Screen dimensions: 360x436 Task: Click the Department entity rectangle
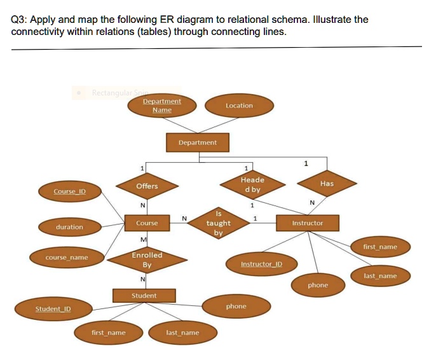[x=197, y=142]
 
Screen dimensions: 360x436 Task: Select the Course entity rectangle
[x=147, y=223]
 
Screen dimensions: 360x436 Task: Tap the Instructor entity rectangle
[x=308, y=223]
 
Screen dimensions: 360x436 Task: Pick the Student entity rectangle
[x=144, y=296]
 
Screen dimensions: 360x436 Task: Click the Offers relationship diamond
[x=147, y=186]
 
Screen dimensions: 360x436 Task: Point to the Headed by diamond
[x=252, y=184]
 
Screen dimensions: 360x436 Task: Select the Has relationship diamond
[x=327, y=183]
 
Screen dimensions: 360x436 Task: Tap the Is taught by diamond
[x=219, y=223]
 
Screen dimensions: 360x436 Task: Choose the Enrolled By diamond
[x=147, y=260]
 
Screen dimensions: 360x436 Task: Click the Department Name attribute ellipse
[x=161, y=106]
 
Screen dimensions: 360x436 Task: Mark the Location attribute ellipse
[x=239, y=106]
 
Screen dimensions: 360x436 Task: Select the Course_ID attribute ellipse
[x=69, y=191]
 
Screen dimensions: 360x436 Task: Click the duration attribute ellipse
[x=69, y=227]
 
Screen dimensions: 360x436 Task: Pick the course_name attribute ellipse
[x=67, y=258]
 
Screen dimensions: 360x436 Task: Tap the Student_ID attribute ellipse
[x=53, y=309]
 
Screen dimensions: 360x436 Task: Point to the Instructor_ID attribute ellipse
[x=261, y=263]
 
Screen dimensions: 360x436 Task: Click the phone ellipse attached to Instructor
[x=318, y=285]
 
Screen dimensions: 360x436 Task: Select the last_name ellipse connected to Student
[x=182, y=333]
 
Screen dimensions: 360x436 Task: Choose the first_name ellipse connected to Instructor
[x=380, y=247]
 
